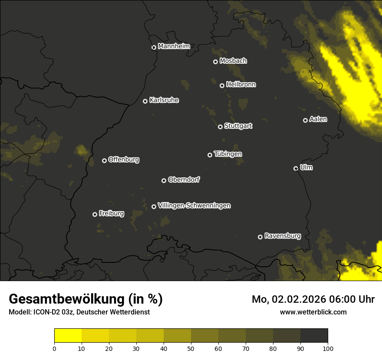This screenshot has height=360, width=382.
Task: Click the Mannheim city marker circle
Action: [x=154, y=48]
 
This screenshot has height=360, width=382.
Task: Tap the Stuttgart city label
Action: [x=238, y=126]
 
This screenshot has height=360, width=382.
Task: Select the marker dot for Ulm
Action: [x=296, y=168]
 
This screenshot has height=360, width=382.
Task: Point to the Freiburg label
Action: [x=111, y=213]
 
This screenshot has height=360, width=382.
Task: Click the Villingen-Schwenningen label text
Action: [x=194, y=206]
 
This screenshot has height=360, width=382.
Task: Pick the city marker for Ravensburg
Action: [x=260, y=237]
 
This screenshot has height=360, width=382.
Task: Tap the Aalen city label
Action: [x=318, y=119]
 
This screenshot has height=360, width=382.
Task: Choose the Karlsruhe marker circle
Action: [x=145, y=101]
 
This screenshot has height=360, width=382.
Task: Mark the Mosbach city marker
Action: [x=215, y=62]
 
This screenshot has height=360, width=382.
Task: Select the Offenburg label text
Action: [x=124, y=160]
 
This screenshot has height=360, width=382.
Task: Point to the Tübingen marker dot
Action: [x=210, y=155]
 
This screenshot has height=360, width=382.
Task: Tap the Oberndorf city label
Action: [x=184, y=180]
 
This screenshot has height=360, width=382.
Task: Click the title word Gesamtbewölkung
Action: [x=67, y=299]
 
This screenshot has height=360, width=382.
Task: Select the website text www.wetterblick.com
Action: [x=313, y=312]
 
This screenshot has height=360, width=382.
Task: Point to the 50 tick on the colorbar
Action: [x=191, y=348]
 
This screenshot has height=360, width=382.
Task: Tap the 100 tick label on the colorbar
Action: [x=328, y=348]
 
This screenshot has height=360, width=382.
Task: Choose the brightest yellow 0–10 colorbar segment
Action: [x=68, y=336]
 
